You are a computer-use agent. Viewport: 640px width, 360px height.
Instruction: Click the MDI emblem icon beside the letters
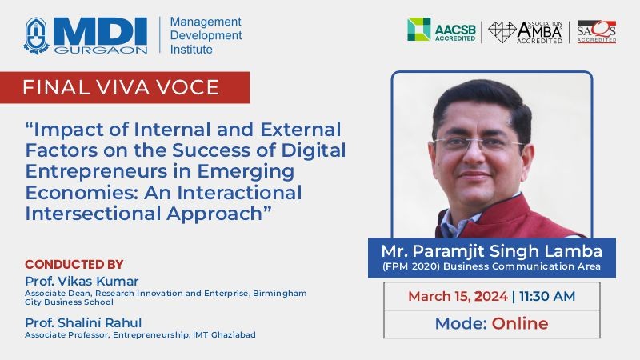(36, 35)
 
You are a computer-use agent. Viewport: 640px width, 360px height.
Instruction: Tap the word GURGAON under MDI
(101, 50)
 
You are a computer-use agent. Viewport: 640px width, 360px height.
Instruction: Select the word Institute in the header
(191, 50)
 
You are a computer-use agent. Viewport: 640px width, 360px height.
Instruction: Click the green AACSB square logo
(418, 29)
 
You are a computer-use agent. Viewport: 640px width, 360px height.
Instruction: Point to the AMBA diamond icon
(502, 32)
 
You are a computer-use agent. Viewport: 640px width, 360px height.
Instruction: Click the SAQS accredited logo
(596, 31)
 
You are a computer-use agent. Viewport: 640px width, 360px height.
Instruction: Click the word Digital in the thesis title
(313, 150)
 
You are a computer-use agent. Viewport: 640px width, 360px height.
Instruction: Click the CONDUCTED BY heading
(74, 265)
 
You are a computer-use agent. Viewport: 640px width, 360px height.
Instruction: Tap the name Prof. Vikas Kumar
(82, 281)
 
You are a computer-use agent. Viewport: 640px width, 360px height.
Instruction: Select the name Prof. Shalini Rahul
(83, 322)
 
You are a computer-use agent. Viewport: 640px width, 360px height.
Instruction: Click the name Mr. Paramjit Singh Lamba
(492, 251)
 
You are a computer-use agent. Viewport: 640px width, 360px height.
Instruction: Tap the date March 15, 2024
(458, 296)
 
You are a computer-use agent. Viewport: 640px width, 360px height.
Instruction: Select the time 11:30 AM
(547, 296)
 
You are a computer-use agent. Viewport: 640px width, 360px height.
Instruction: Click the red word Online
(519, 323)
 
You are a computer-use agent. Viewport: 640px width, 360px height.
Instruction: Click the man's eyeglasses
(478, 144)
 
